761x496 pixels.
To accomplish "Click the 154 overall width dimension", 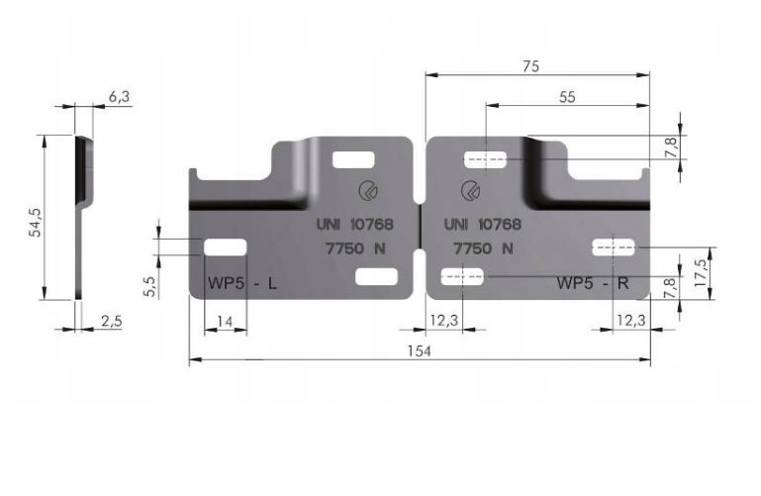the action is pos(419,350).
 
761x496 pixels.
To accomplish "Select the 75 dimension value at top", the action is pos(531,66).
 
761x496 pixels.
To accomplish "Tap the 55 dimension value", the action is pos(567,97).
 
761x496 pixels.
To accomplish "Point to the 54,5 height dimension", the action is pos(36,222).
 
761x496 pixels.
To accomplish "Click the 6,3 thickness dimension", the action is pos(119,97).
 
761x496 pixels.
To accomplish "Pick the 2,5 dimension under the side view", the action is pos(111,322).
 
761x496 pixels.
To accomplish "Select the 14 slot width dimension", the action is pos(225,322).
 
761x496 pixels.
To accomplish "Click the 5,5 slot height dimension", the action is pos(150,286).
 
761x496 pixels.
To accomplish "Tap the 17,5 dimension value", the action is pos(701,272).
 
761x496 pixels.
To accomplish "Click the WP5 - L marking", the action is pos(242,282).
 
